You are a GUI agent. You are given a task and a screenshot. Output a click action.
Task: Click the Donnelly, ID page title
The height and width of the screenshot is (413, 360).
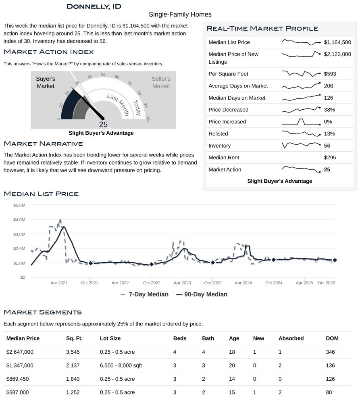[94, 6]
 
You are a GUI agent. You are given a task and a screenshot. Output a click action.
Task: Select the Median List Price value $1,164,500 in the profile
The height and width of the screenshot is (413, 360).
[337, 42]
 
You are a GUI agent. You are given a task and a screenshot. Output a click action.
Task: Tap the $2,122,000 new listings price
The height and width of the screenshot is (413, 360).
[337, 54]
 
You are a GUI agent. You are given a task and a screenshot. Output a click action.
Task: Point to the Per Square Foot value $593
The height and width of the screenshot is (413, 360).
[330, 74]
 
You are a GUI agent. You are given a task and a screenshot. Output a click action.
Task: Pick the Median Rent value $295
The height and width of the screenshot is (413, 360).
[330, 158]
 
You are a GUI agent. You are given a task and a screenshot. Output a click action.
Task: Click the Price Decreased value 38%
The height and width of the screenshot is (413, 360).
[329, 110]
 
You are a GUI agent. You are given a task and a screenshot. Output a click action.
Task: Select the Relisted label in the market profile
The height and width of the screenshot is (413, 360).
[218, 133]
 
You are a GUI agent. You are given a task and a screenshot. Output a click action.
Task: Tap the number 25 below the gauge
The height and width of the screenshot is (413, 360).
[103, 125]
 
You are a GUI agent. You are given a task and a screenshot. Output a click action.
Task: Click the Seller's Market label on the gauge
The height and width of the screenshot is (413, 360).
[161, 82]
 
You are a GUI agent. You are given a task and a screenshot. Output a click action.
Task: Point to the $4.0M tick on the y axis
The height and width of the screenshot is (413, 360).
[19, 219]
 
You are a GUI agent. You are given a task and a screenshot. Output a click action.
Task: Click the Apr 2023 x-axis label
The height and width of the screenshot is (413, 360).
[181, 283]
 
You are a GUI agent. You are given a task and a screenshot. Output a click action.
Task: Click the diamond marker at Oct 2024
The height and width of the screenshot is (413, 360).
[273, 260]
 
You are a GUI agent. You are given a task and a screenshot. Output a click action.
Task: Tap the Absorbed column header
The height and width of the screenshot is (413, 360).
[291, 338]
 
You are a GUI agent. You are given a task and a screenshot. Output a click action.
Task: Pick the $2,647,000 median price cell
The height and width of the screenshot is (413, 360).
[20, 352]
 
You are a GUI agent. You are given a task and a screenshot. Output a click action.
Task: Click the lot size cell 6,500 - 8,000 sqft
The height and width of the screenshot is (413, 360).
[121, 365]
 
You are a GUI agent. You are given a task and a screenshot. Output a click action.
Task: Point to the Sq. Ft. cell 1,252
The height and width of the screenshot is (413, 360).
[73, 392]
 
